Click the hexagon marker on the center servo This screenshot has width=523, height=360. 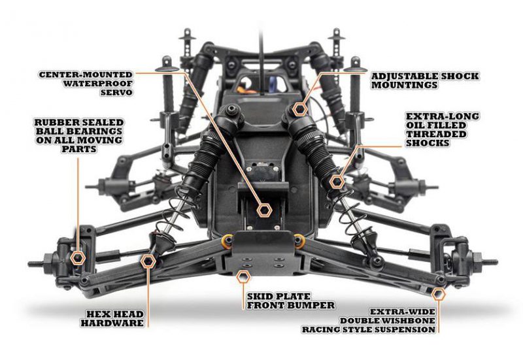[x=264, y=210]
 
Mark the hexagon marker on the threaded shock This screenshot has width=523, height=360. [x=336, y=180]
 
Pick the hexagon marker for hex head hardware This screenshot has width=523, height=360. [x=148, y=261]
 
